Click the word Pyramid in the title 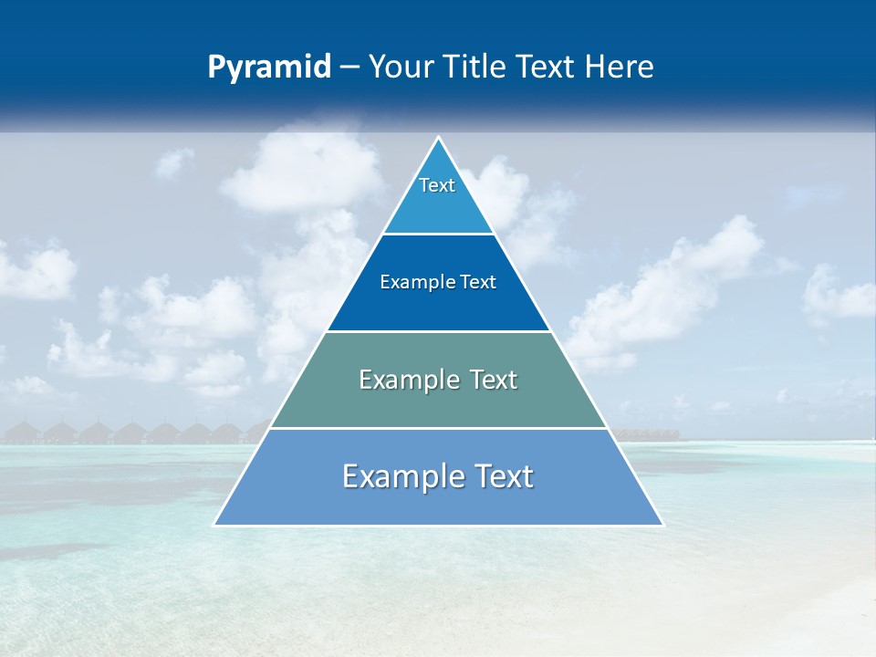click(269, 68)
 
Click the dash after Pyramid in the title click(349, 68)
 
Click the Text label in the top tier click(437, 185)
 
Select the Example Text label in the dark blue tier click(438, 282)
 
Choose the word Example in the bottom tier click(398, 476)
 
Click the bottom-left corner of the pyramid click(215, 525)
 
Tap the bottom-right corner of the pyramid click(662, 525)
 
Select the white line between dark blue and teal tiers click(438, 331)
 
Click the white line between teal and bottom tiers click(438, 428)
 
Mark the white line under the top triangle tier click(438, 235)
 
